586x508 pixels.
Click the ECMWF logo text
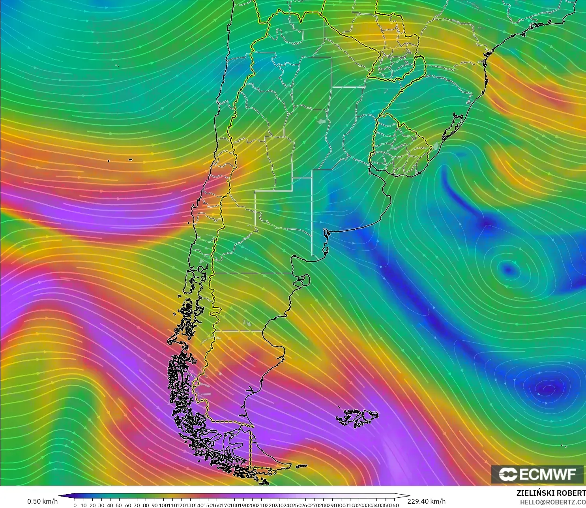[548, 474]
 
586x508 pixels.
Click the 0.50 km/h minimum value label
[42, 501]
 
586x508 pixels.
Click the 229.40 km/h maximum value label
[426, 501]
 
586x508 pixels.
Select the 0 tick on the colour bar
[75, 505]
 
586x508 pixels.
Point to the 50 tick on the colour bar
[119, 505]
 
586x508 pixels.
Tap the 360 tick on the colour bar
[394, 505]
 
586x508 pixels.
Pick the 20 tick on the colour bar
[93, 505]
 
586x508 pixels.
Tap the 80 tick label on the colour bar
[146, 505]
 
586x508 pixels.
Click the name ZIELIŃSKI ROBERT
[551, 493]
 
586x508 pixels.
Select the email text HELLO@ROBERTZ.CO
[552, 502]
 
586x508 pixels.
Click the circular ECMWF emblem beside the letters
[508, 474]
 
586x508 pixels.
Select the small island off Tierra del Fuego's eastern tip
[301, 466]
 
